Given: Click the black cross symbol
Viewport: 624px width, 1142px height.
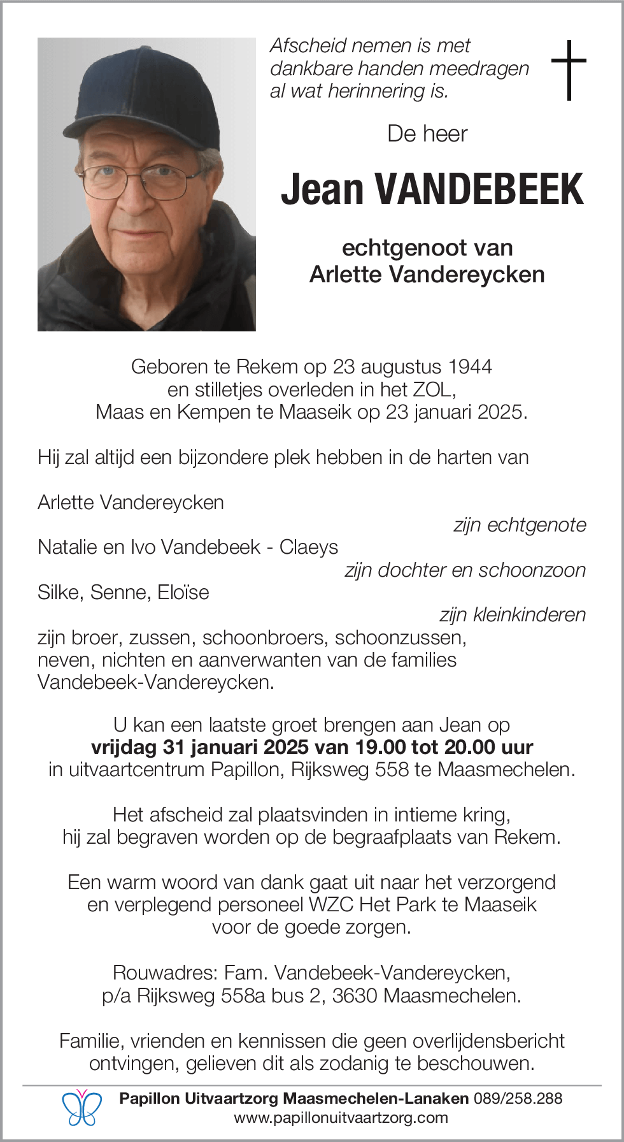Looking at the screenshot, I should pos(569,70).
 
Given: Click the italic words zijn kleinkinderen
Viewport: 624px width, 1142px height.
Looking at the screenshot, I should pos(513,615).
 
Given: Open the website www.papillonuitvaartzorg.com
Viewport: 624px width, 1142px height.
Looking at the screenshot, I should pos(341,1117).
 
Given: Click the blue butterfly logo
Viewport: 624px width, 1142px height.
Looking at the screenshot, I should pos(82,1108).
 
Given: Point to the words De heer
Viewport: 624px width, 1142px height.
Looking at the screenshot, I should pos(427,134).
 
